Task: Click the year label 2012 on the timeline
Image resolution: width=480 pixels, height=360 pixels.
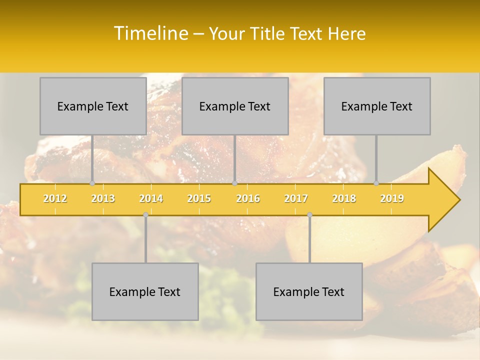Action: [55, 198]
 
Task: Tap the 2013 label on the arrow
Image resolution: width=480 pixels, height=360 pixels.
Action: [103, 198]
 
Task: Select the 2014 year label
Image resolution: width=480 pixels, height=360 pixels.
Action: [151, 198]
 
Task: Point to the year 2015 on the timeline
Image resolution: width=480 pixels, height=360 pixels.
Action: [199, 198]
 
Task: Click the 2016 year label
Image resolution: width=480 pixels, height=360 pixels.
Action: [248, 198]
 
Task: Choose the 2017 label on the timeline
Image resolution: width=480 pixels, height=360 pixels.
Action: [296, 198]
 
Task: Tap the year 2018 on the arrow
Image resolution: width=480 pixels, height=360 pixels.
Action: [344, 198]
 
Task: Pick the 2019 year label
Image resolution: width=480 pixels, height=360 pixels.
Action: [392, 198]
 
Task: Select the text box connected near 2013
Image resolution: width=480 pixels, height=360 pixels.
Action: [93, 106]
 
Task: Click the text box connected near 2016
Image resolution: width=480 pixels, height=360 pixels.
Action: [235, 106]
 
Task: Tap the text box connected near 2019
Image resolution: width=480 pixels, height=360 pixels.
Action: [377, 106]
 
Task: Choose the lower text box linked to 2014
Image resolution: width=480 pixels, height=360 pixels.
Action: [145, 291]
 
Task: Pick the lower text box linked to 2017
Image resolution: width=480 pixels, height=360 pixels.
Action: [309, 291]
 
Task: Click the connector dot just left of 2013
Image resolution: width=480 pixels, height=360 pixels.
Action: [92, 183]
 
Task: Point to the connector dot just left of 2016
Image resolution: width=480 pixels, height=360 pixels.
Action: [234, 183]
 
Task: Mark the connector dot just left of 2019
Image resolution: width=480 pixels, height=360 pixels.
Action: [376, 183]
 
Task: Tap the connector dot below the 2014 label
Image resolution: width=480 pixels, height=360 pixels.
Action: [145, 214]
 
